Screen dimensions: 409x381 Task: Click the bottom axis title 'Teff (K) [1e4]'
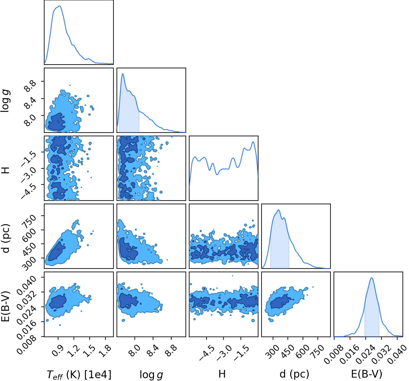[79, 375]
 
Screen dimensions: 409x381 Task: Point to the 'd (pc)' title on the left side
[6, 238]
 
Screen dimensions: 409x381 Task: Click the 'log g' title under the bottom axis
[151, 375]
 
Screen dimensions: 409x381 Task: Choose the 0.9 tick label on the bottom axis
[58, 351]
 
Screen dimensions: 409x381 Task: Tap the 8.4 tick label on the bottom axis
[153, 351]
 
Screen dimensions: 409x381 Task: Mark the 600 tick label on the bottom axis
[303, 352]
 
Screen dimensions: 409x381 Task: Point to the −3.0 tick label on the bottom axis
[224, 353]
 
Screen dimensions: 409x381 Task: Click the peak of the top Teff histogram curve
[60, 6]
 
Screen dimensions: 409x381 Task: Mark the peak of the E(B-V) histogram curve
[372, 278]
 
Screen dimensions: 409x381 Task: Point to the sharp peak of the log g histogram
[123, 74]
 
